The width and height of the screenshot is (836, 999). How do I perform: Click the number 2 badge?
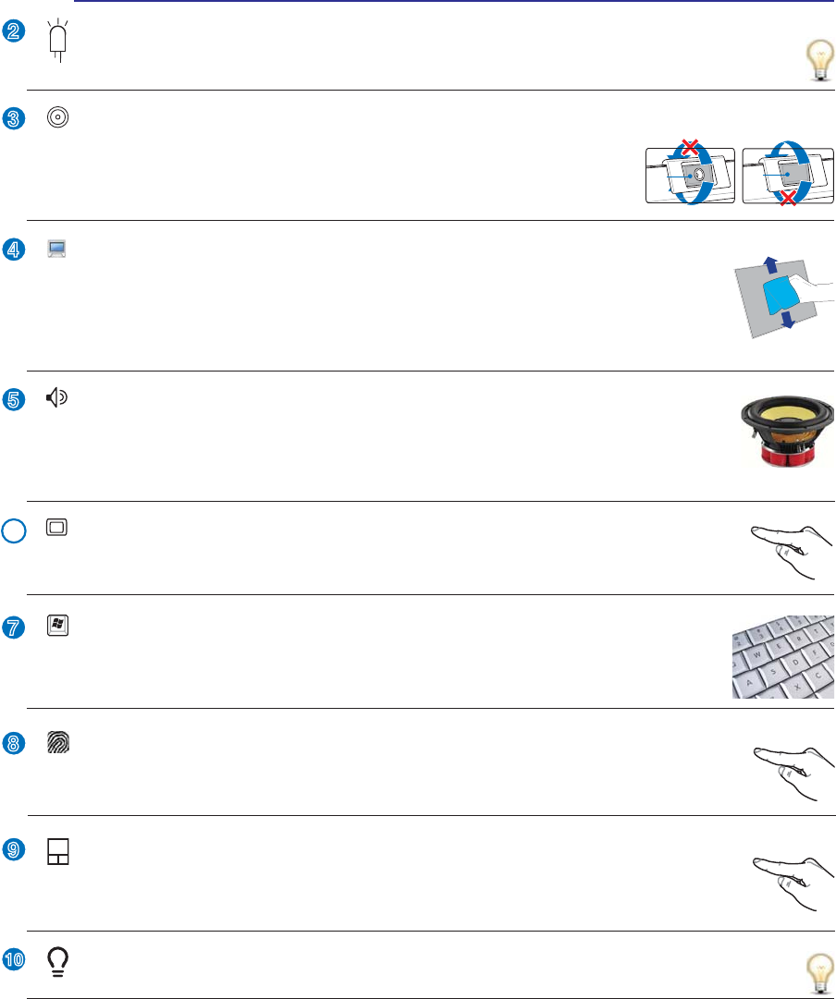(13, 31)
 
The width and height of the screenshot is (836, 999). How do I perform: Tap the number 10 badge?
(13, 961)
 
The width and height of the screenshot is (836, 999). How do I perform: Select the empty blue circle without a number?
(13, 533)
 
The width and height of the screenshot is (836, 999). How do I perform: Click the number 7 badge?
(13, 627)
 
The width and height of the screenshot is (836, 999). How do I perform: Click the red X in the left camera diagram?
(687, 149)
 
